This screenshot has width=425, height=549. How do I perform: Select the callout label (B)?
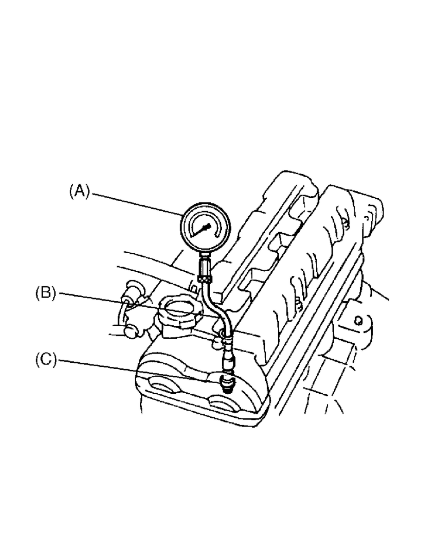coord(46,293)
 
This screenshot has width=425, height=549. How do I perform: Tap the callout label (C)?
coord(46,360)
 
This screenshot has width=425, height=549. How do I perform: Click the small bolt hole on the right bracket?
coord(358,320)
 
